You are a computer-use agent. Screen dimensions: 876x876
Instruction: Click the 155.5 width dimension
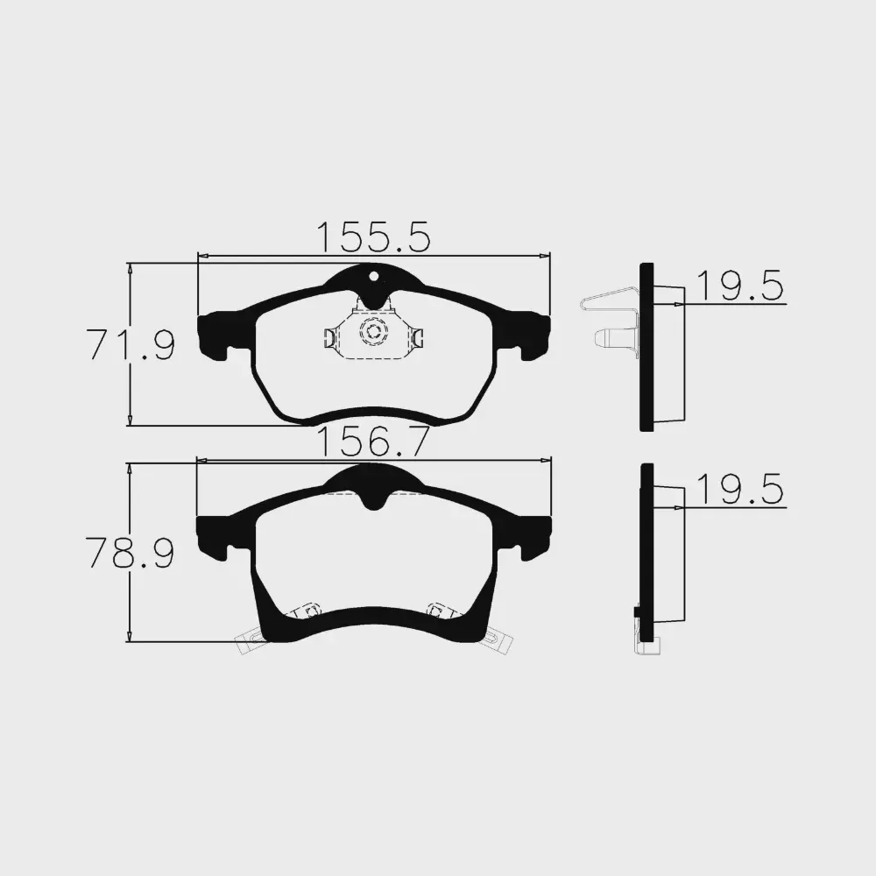click(374, 237)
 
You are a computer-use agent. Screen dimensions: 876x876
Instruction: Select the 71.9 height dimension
click(131, 344)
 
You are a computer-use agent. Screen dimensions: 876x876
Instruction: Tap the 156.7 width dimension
click(373, 442)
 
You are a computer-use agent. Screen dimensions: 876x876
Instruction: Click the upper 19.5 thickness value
click(739, 286)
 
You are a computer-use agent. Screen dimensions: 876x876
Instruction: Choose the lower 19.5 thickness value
click(739, 490)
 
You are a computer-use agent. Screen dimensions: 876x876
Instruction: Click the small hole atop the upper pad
click(374, 275)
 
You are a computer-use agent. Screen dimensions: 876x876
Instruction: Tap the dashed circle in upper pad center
click(373, 332)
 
